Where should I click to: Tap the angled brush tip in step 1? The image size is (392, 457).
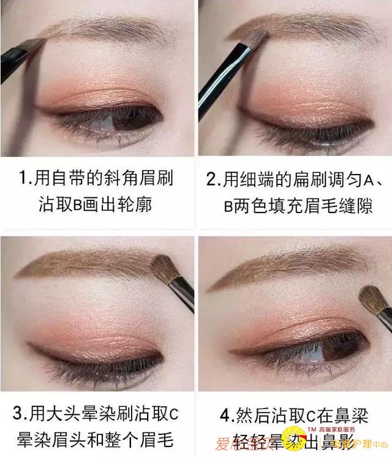coord(37,45)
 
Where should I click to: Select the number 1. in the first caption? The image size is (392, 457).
coord(25,179)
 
